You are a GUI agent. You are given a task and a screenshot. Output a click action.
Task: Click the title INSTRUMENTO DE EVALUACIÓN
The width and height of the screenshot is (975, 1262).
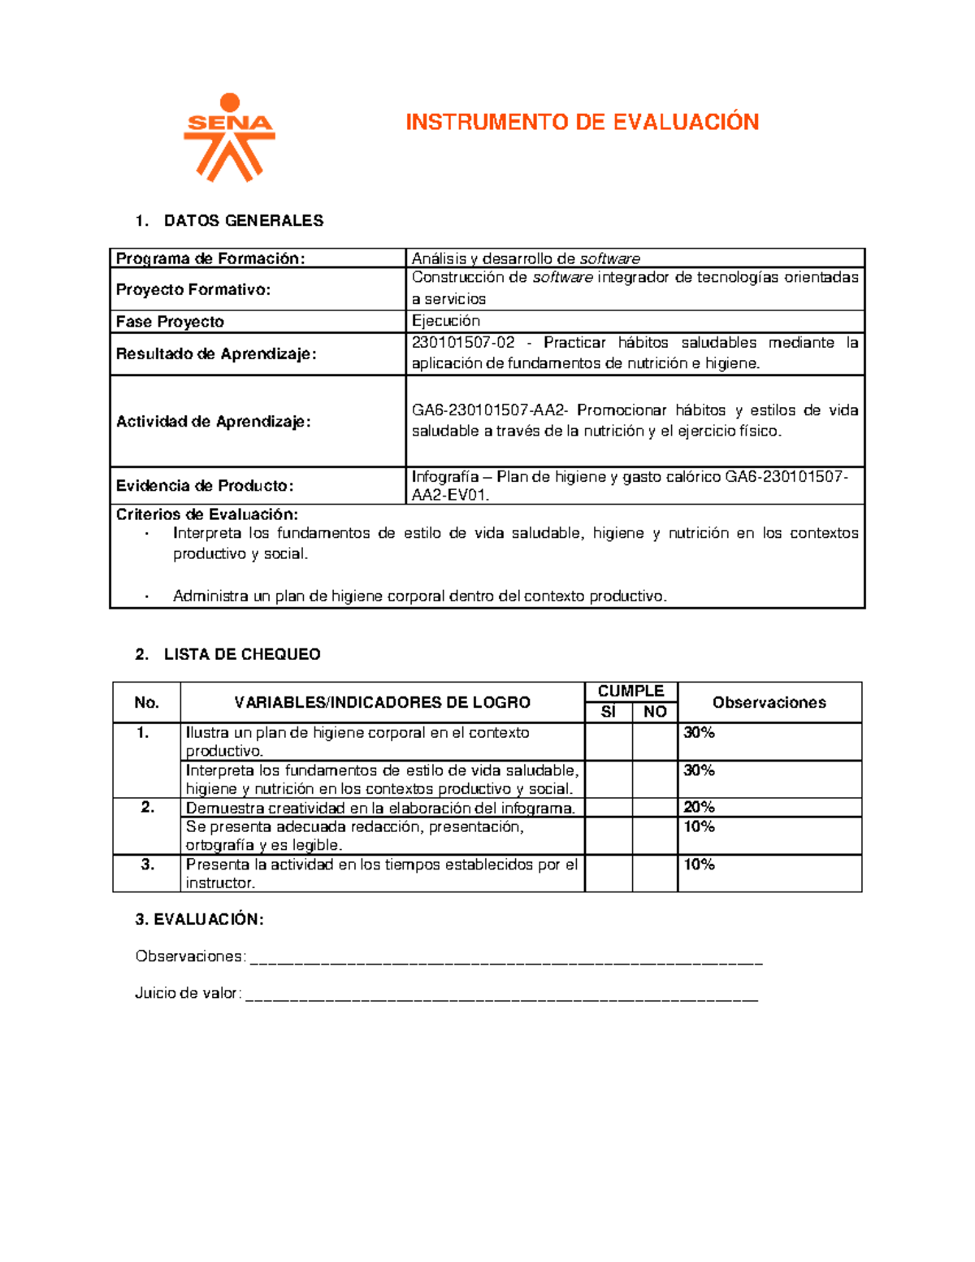582,123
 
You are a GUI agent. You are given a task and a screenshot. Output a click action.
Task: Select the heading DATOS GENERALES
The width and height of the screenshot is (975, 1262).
243,220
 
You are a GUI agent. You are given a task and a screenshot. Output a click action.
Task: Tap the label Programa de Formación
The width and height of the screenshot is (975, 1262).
210,258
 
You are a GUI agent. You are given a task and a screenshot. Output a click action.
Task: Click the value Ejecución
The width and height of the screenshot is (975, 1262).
445,321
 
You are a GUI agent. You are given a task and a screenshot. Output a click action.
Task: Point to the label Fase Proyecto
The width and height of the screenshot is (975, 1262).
170,322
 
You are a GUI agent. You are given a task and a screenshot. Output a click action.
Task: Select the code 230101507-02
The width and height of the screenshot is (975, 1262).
463,343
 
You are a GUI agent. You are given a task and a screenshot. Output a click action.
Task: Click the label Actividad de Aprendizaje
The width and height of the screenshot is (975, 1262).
213,421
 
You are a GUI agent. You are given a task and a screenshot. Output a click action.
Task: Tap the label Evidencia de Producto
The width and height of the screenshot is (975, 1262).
205,486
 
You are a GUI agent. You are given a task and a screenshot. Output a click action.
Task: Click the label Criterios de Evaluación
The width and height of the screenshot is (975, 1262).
207,514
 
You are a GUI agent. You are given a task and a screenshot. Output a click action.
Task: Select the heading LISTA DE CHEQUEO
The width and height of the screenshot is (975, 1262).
242,654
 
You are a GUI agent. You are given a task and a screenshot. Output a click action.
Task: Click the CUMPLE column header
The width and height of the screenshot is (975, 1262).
630,692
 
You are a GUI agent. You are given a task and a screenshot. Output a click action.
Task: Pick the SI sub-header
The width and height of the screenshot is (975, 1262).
609,712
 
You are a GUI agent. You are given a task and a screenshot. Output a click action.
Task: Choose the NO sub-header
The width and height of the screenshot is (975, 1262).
655,712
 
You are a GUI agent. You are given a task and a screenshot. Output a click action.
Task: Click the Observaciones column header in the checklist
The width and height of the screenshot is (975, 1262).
769,702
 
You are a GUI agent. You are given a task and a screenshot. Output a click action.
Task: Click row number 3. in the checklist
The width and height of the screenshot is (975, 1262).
147,865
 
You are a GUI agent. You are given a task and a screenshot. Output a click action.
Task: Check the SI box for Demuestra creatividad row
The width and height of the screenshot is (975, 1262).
609,807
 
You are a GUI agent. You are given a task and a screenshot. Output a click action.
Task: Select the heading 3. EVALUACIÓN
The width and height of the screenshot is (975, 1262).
199,919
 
